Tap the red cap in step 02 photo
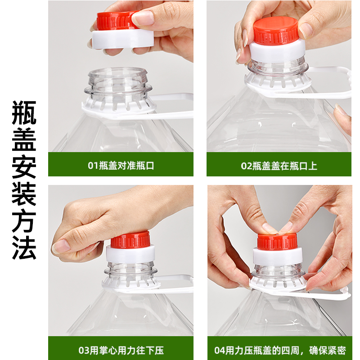[275, 31]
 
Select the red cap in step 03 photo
[130, 240]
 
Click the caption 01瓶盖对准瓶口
[121, 166]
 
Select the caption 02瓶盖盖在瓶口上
[279, 166]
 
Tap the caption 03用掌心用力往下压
[121, 350]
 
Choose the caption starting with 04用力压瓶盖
[279, 350]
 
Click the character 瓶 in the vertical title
[24, 112]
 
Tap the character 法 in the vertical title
[24, 247]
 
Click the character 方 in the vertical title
[24, 220]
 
